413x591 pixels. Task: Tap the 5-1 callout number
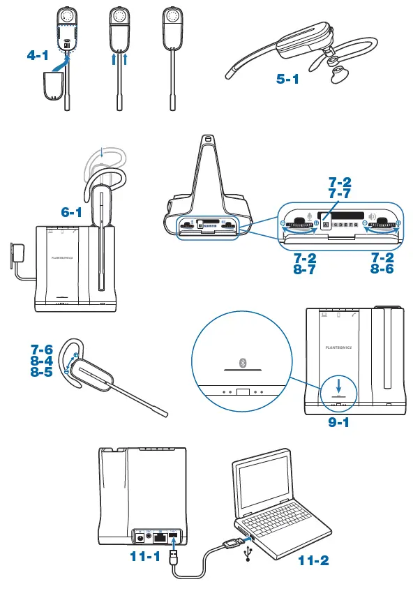click(x=289, y=80)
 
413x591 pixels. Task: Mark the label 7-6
click(x=41, y=348)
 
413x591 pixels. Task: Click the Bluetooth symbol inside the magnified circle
click(x=243, y=362)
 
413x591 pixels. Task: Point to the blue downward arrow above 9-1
click(x=338, y=384)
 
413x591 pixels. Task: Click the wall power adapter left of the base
click(x=16, y=253)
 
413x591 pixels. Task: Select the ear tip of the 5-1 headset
click(x=339, y=73)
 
